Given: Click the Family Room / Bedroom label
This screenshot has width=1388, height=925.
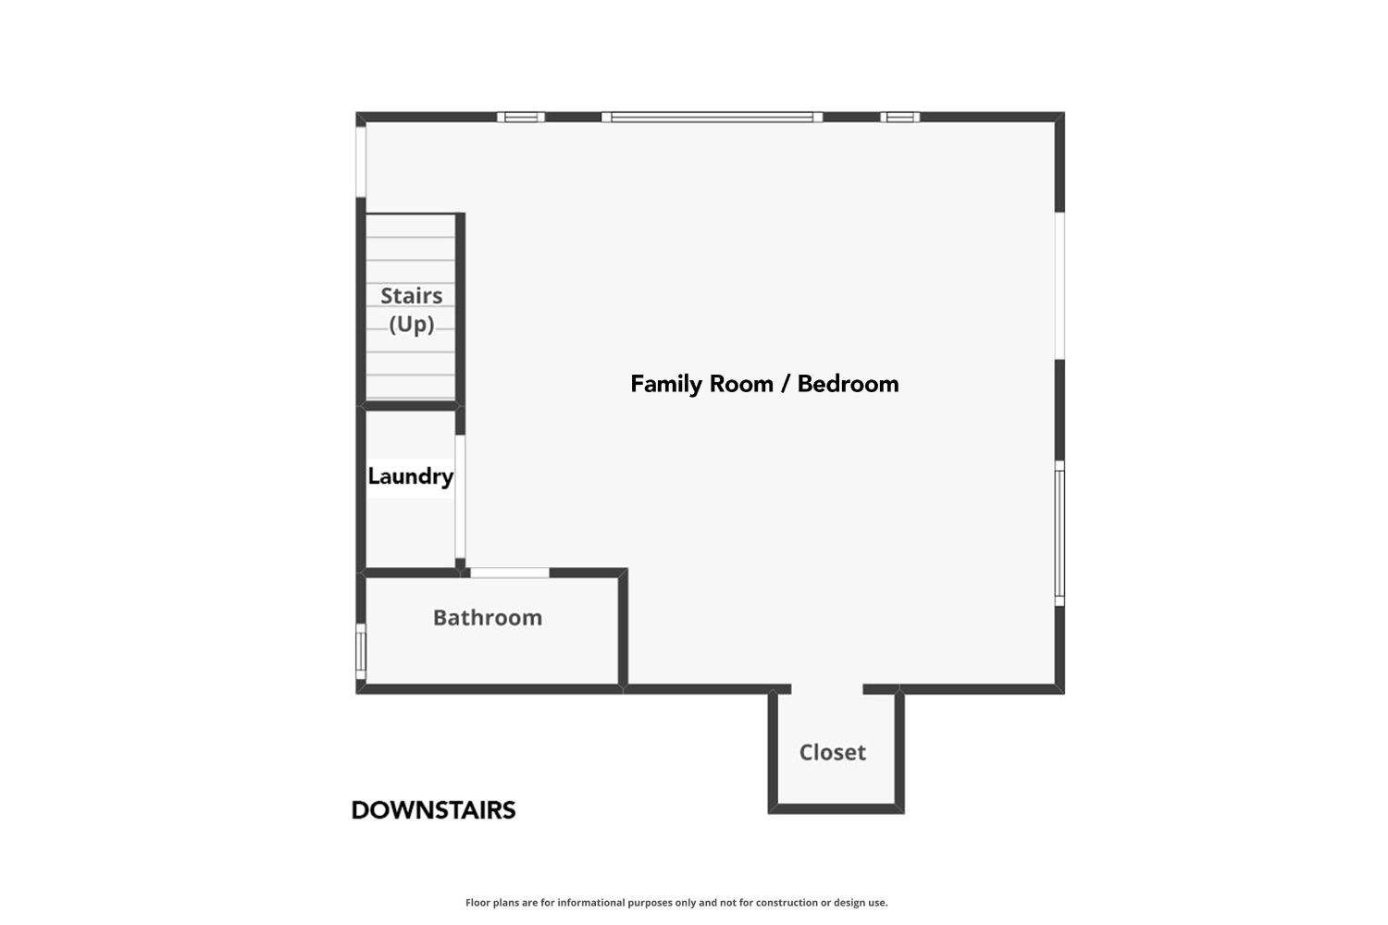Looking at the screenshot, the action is tap(764, 384).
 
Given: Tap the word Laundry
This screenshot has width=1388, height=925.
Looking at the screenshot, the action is tap(410, 476).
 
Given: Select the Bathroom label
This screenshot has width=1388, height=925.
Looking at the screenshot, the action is tap(487, 618).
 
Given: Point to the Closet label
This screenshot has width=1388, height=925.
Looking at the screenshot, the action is tap(832, 752).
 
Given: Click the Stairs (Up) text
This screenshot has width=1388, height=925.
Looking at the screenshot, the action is tap(412, 310).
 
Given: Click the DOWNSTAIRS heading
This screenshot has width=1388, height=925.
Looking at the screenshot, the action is tap(433, 810).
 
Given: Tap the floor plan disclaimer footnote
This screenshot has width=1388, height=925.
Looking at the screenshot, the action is tap(676, 903).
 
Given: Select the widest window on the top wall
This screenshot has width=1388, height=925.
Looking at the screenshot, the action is tap(712, 117).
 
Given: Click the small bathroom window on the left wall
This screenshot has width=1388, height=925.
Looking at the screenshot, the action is tap(361, 652).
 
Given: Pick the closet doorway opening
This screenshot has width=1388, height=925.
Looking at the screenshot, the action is tap(827, 689).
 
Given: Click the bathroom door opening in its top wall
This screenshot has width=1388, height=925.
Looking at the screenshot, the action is tap(509, 573).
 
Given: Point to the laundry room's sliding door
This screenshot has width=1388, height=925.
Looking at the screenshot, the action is tap(460, 497).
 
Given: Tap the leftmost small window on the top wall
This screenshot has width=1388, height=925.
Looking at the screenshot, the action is tap(520, 117).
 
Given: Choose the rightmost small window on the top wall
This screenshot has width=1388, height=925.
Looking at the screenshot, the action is tap(899, 117).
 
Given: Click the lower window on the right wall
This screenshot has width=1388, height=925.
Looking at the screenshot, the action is tap(1060, 534).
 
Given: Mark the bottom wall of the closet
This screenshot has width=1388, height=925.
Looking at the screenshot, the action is tap(836, 808).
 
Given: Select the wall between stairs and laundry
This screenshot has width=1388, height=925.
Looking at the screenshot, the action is tap(410, 406).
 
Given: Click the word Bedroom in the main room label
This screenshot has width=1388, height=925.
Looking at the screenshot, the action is tap(848, 384).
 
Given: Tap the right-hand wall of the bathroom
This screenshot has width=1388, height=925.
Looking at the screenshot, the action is tap(623, 628).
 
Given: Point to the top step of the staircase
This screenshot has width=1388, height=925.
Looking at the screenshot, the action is tap(410, 226).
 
